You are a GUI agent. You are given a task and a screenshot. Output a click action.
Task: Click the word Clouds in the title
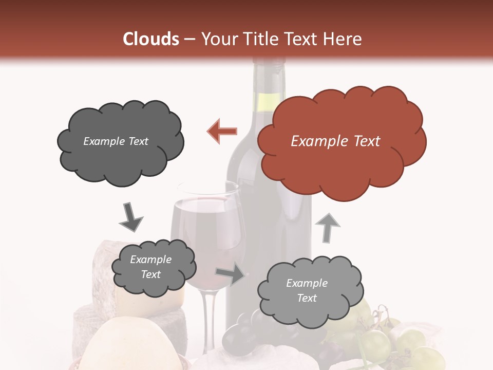coord(151,39)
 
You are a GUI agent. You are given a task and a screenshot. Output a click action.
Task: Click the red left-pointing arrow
coord(222,132)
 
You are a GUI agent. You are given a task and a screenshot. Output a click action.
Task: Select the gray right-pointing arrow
coord(231,275)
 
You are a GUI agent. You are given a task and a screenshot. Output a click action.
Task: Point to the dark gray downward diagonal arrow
coord(130,217)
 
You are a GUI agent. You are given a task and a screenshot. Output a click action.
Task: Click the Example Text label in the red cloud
coord(335,141)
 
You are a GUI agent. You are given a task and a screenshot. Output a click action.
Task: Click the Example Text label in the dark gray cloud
coord(116,141)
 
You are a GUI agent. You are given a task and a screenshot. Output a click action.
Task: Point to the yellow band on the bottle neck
coord(268,103)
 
